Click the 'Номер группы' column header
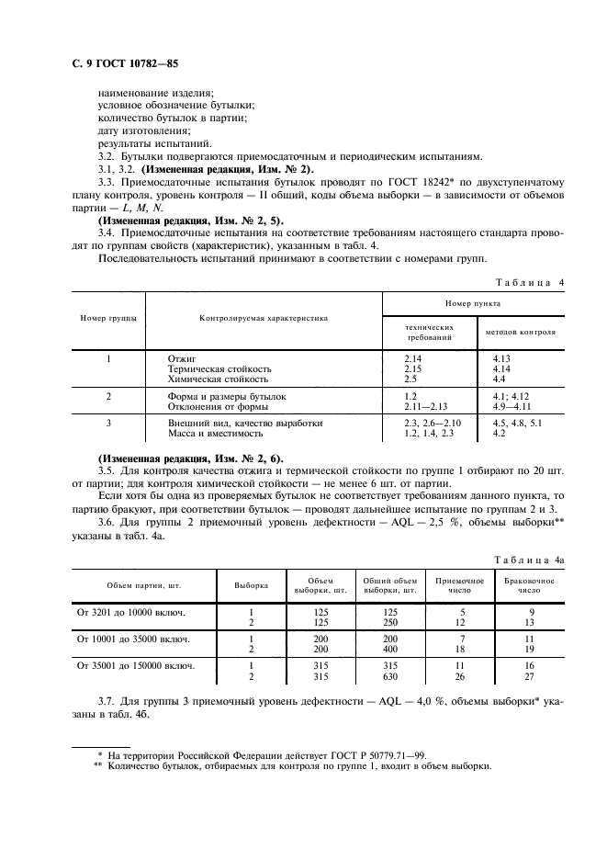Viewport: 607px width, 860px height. [108, 318]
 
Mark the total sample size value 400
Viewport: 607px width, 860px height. [390, 649]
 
